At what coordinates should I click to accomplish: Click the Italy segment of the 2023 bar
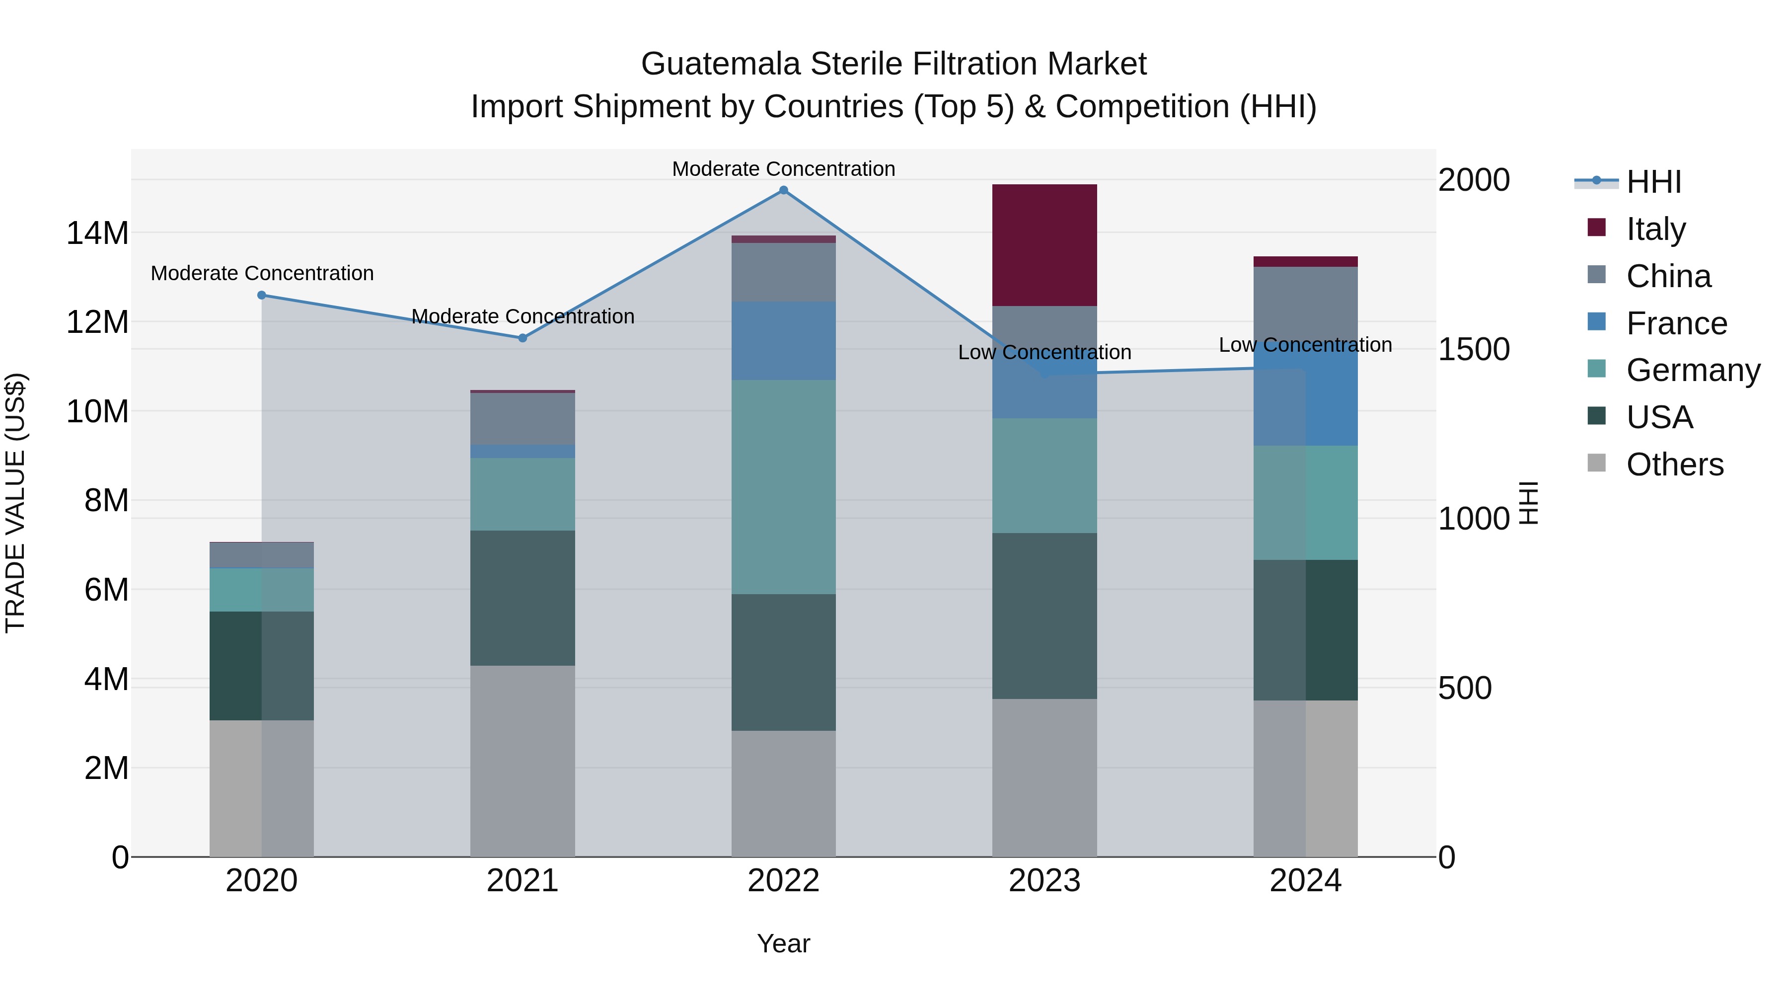(1044, 245)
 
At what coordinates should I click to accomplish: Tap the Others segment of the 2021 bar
(522, 761)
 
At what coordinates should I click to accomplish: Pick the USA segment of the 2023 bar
(1044, 616)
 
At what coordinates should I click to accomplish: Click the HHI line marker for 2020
(262, 295)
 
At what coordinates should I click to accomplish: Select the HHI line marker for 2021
(522, 338)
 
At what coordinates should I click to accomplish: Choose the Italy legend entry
(1655, 229)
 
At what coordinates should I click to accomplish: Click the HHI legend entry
(1653, 182)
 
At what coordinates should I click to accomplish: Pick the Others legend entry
(1674, 464)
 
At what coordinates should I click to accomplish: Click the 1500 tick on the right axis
(1473, 349)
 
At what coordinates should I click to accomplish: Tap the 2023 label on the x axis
(1044, 881)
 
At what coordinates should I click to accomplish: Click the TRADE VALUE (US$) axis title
(15, 503)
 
